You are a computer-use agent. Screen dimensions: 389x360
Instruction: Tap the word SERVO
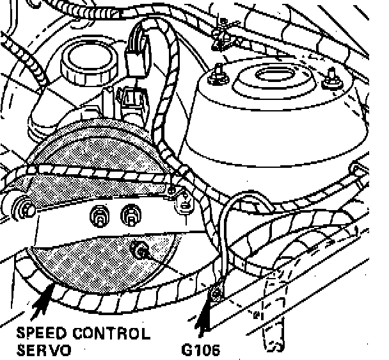pos(44,350)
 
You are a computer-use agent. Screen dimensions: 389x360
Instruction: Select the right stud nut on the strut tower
pos(332,81)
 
